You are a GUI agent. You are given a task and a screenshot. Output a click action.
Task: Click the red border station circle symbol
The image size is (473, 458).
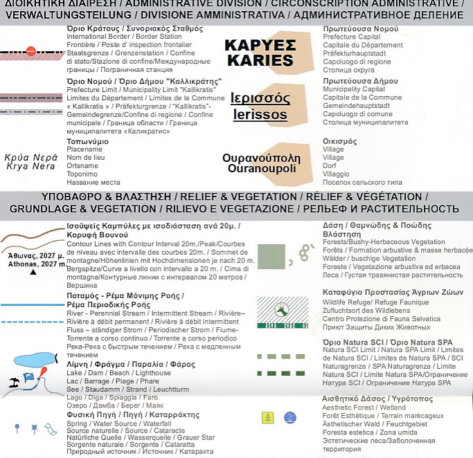[x=30, y=51]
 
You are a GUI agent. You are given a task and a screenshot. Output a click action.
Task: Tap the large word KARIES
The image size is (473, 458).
[x=259, y=61]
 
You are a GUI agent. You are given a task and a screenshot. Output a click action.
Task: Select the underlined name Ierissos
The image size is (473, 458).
[x=259, y=113]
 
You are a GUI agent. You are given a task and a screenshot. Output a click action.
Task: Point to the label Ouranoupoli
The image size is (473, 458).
[x=260, y=169]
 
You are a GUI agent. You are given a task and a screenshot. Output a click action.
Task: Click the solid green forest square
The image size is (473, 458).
[x=271, y=257]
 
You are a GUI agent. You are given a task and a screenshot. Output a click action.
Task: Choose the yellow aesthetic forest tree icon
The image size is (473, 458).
[x=267, y=416]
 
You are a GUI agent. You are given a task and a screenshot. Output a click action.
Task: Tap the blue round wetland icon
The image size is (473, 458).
[x=289, y=416]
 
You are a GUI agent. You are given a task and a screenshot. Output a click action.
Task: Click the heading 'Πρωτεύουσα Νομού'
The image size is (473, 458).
[x=360, y=28]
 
